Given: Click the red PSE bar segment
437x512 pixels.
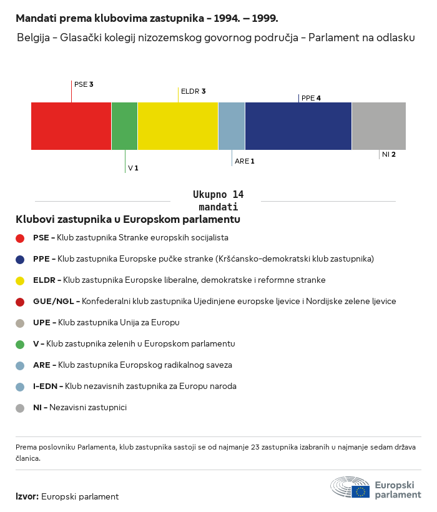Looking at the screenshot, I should click(x=71, y=126).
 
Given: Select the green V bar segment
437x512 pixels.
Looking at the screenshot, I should click(x=124, y=126).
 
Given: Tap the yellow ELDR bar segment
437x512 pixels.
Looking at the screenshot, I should click(x=178, y=126).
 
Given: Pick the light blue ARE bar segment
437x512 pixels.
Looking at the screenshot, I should click(x=232, y=126).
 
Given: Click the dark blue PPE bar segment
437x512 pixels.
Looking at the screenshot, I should click(x=298, y=126).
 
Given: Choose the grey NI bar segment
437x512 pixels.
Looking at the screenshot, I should click(x=379, y=126).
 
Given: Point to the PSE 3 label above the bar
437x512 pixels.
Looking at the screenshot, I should click(x=84, y=84).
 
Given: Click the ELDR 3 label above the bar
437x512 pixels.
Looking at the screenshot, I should click(x=193, y=91).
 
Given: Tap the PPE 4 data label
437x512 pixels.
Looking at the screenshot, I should click(x=311, y=98).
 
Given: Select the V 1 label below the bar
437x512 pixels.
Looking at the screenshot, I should click(x=133, y=168).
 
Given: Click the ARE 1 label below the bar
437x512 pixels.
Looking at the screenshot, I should click(x=245, y=161).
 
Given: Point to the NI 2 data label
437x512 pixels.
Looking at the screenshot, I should click(x=389, y=154).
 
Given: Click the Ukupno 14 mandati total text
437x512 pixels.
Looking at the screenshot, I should click(x=218, y=200).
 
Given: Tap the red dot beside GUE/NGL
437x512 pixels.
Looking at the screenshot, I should click(x=20, y=302).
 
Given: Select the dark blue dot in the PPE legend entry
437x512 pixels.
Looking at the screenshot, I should click(x=20, y=259).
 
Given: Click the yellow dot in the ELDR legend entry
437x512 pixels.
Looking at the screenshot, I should click(x=20, y=280).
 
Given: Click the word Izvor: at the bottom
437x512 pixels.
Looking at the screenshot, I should click(x=27, y=497).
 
